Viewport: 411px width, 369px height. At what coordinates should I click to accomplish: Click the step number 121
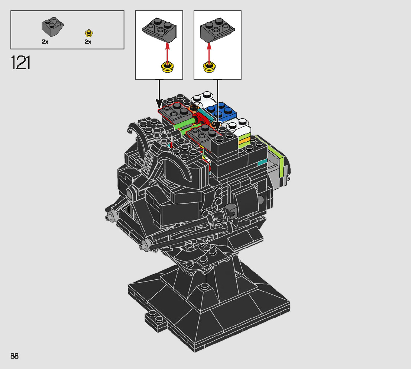pyautogui.click(x=20, y=62)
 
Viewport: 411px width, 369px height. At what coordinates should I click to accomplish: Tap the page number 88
pyautogui.click(x=14, y=356)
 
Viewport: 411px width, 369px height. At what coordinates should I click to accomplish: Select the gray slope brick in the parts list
pyautogui.click(x=52, y=27)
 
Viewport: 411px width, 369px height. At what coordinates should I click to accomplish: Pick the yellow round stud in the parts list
pyautogui.click(x=89, y=33)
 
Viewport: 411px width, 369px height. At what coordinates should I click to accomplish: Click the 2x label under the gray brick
pyautogui.click(x=45, y=42)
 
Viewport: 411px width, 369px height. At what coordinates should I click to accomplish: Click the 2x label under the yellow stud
pyautogui.click(x=88, y=42)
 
